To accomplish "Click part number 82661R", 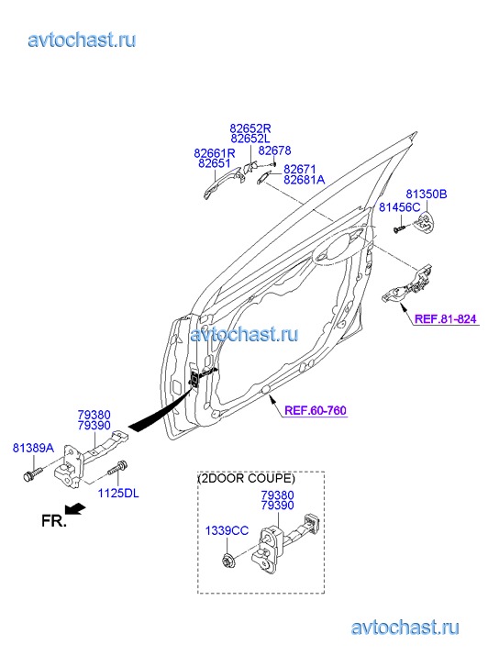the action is click(215, 152).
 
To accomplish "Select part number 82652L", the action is click(250, 139).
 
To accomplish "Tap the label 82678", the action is click(275, 150).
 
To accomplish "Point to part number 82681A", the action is click(304, 180).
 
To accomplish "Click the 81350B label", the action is click(427, 194).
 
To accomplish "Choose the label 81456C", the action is click(400, 207).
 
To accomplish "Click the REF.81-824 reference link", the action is click(446, 319).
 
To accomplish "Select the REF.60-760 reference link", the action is click(316, 410).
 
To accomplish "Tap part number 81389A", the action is click(33, 448).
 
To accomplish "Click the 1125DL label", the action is click(118, 494).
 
